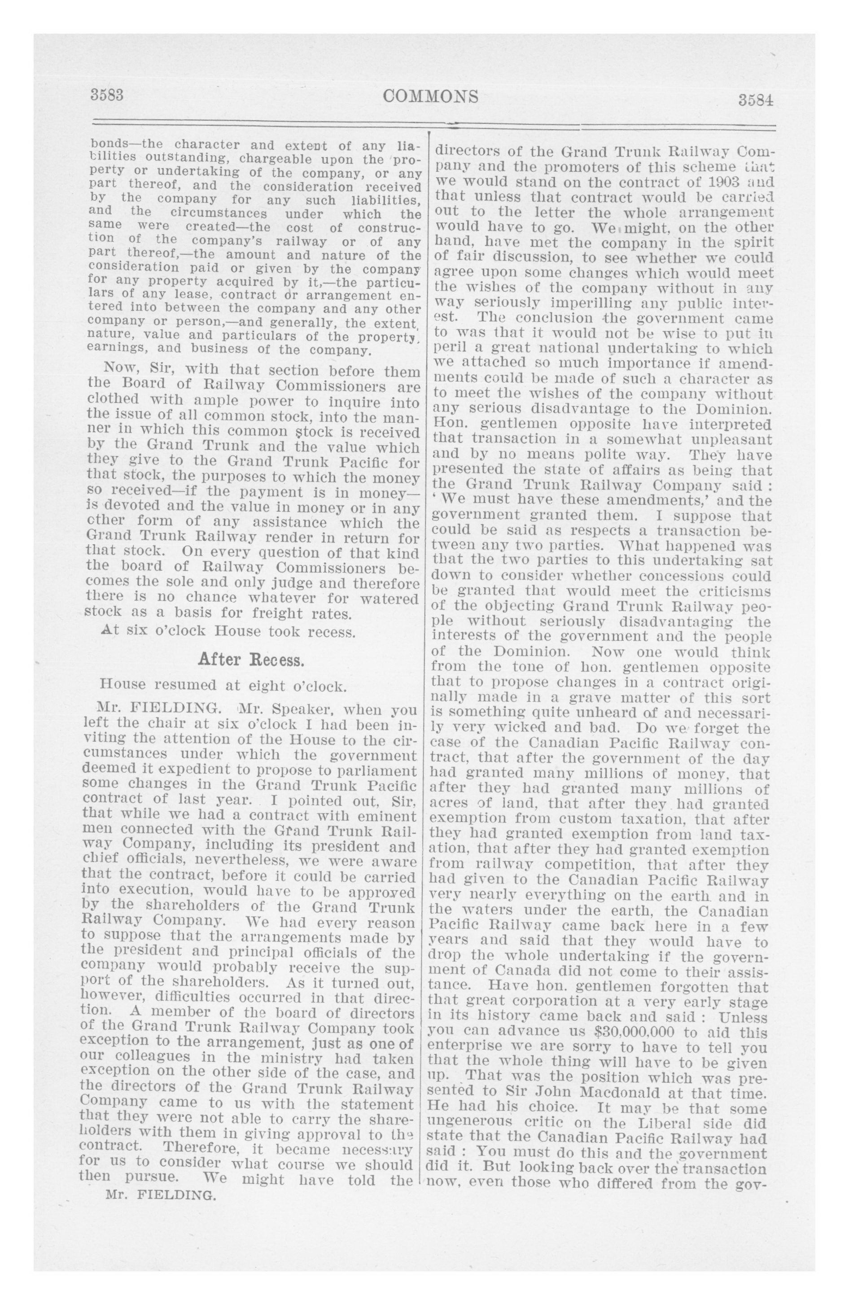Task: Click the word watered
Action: (390, 598)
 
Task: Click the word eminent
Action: (387, 814)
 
